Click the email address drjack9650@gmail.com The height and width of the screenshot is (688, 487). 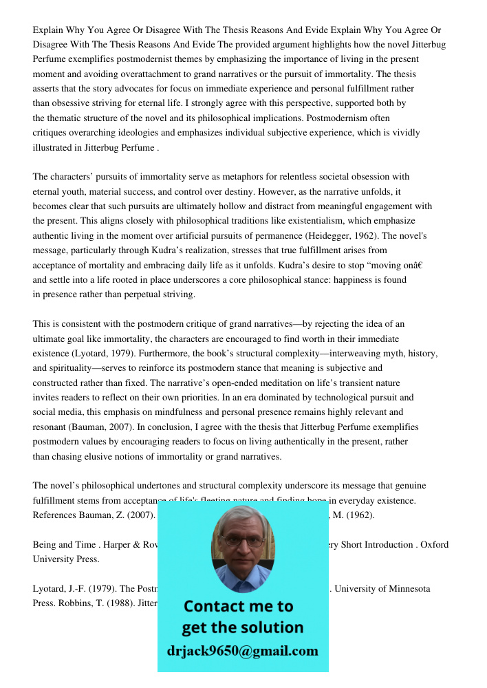tap(242, 651)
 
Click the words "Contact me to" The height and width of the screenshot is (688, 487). tap(238, 606)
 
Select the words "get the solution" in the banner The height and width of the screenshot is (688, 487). tap(242, 627)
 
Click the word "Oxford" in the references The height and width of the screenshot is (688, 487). tap(434, 545)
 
